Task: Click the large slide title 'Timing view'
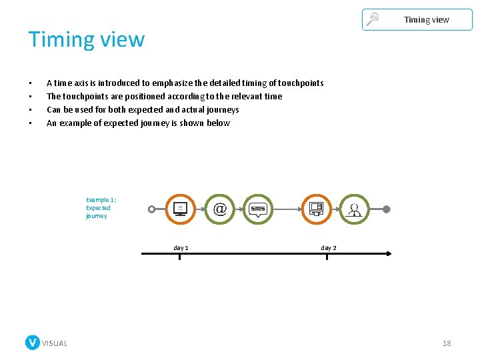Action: [86, 39]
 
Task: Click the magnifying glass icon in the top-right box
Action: [373, 19]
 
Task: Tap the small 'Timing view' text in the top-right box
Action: [426, 20]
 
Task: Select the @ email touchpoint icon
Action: [219, 209]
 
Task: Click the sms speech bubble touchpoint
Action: [257, 209]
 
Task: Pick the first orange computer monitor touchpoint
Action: [179, 209]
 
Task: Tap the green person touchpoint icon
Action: [354, 209]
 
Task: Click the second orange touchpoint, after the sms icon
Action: [316, 209]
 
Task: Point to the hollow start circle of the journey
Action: [151, 209]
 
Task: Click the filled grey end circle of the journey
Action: [386, 209]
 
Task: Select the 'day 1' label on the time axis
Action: [181, 248]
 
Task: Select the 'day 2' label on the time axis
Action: [329, 248]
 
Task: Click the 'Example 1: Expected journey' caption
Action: [101, 208]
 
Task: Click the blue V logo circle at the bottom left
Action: [33, 343]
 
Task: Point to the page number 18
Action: [447, 343]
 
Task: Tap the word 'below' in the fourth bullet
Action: [219, 123]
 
